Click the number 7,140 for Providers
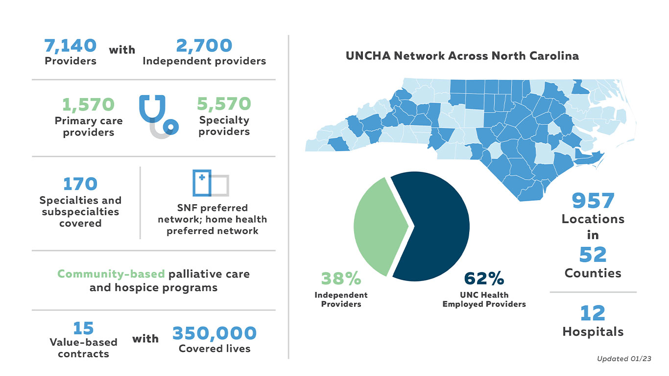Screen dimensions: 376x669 71,46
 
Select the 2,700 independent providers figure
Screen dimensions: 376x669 204,46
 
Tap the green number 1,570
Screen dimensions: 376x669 89,104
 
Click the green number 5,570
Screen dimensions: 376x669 224,104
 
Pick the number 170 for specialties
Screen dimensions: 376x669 80,184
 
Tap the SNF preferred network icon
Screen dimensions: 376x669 211,183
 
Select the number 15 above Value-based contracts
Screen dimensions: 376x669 83,328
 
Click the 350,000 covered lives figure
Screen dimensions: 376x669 215,333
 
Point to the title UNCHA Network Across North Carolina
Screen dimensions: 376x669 462,56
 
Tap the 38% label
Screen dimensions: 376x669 341,278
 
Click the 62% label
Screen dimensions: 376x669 484,278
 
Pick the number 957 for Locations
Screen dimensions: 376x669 593,201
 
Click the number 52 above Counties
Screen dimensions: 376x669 593,255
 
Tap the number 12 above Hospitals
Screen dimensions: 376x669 593,313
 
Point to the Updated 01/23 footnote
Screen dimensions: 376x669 623,359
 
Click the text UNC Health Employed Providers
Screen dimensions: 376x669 484,300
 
